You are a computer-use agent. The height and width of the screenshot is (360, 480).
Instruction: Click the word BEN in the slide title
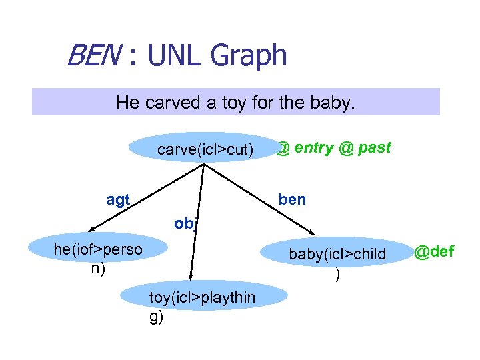coord(92,55)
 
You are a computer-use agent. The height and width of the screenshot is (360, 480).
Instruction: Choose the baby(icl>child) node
coord(337,254)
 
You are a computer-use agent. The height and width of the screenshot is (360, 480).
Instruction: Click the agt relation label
coord(118,199)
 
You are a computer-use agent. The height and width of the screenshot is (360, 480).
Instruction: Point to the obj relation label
coord(184,224)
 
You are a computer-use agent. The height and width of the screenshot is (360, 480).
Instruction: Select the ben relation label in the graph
coord(292,199)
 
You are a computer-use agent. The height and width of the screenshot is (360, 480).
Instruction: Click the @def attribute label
coord(434,252)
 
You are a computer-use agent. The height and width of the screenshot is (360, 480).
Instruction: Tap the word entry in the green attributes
coord(313,148)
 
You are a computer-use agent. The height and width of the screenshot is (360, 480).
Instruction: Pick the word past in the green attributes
coord(374,148)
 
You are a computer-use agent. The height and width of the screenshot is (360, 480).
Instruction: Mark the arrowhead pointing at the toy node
coord(191,275)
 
